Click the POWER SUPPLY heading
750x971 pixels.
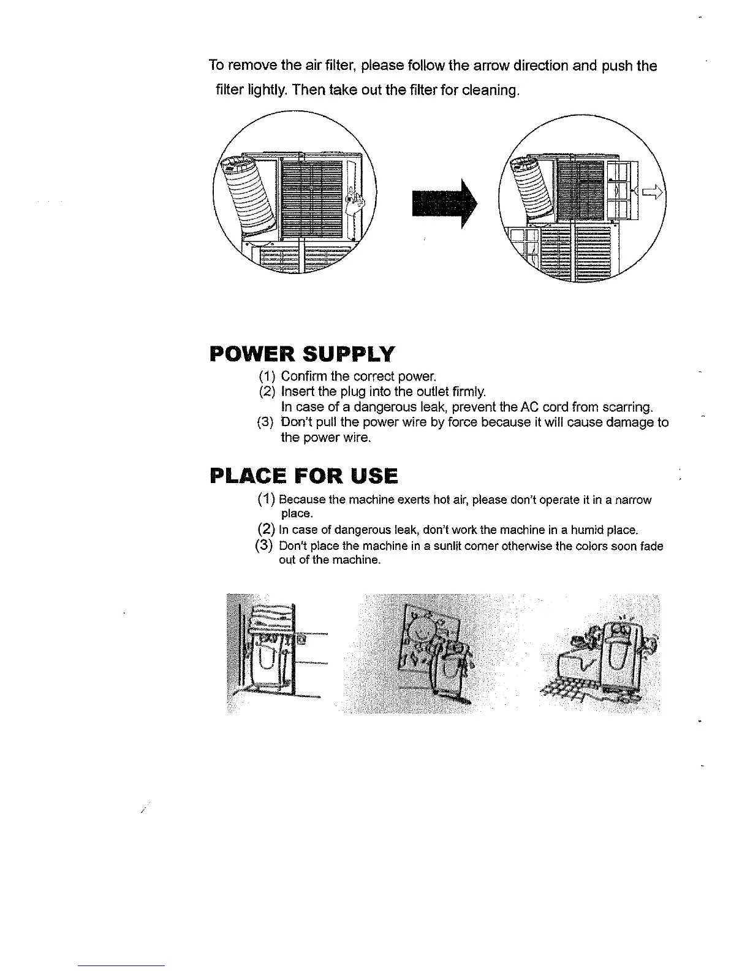pos(302,354)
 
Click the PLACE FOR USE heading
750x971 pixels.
pos(303,475)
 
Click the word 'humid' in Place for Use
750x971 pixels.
pos(584,529)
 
